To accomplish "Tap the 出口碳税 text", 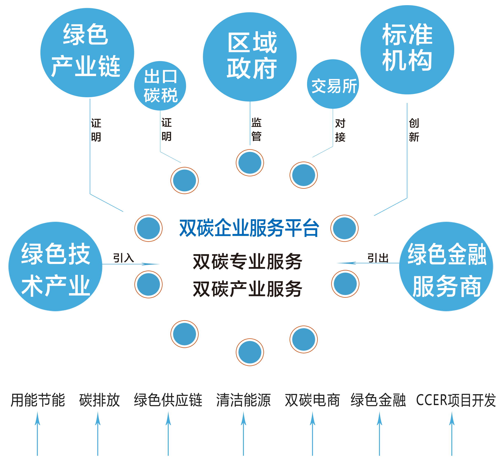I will click(161, 86).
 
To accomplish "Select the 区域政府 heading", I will click(252, 55).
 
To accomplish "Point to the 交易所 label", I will click(334, 86).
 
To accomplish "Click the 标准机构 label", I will click(407, 47).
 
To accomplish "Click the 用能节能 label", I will click(38, 400).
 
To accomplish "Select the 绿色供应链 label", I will click(168, 400).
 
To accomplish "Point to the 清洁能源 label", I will click(243, 400).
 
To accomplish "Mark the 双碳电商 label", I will click(312, 400).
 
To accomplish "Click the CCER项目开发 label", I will click(456, 400).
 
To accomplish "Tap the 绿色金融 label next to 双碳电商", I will click(378, 400).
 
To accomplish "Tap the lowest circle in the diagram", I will click(250, 352).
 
